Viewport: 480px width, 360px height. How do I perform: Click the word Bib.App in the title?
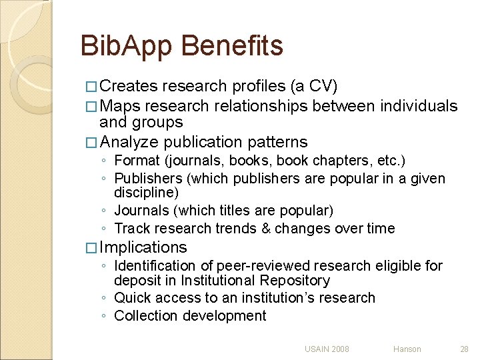126,47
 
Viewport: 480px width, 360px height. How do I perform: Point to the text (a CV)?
313,87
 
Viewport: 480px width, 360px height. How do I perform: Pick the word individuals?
419,106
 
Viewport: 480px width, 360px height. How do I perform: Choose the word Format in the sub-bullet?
138,161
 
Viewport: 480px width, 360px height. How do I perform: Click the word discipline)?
146,193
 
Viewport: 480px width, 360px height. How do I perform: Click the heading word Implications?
143,247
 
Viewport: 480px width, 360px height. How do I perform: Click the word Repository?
296,281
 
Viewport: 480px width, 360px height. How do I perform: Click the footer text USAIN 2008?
327,349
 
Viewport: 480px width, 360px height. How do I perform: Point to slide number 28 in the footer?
464,349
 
